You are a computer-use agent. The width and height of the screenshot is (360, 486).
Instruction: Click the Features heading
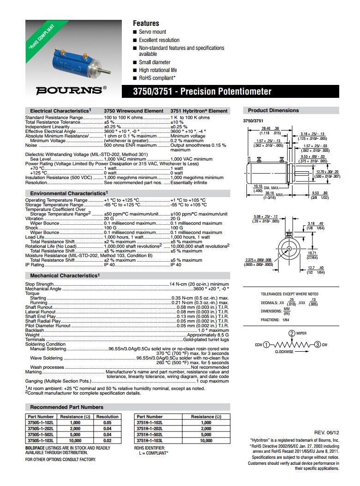pyautogui.click(x=146, y=23)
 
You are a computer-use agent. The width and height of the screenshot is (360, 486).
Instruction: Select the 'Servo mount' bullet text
pyautogui.click(x=152, y=32)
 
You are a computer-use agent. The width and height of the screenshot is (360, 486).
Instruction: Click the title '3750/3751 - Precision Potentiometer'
pyautogui.click(x=203, y=91)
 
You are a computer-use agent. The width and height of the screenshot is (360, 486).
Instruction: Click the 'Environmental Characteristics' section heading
pyautogui.click(x=68, y=193)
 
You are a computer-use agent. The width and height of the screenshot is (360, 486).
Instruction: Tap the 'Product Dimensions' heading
pyautogui.click(x=273, y=110)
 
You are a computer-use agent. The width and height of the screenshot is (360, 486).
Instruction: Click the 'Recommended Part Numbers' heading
pyautogui.click(x=66, y=407)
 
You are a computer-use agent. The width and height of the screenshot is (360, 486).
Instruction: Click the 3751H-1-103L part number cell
pyautogui.click(x=150, y=441)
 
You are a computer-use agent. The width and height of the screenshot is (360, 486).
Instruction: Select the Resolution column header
pyautogui.click(x=107, y=417)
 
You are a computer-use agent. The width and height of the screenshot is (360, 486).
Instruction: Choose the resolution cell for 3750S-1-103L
pyautogui.click(x=107, y=441)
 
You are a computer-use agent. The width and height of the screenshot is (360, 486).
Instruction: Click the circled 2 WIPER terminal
pyautogui.click(x=292, y=334)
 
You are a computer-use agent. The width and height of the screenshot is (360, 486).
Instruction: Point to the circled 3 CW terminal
pyautogui.click(x=318, y=345)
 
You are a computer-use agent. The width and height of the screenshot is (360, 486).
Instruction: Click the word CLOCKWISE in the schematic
pyautogui.click(x=284, y=352)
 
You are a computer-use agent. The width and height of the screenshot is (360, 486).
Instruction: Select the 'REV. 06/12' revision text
pyautogui.click(x=326, y=432)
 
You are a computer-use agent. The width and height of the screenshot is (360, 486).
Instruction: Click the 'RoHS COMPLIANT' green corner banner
pyautogui.click(x=42, y=37)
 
